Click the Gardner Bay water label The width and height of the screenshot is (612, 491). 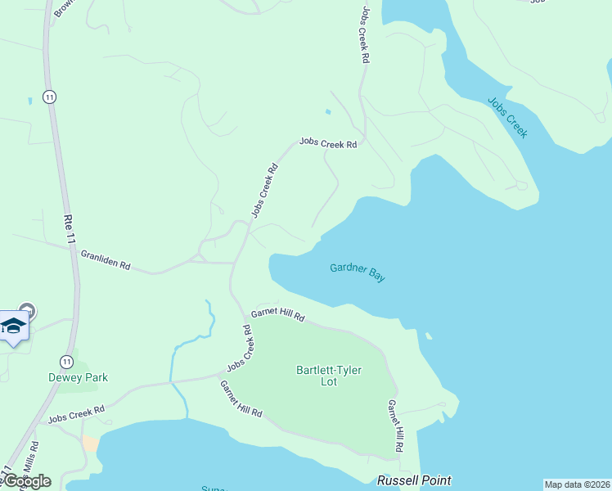pyautogui.click(x=358, y=272)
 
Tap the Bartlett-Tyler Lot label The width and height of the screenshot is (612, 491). pyautogui.click(x=328, y=376)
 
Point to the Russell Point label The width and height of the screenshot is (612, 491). pyautogui.click(x=414, y=480)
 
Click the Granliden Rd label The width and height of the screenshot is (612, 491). pyautogui.click(x=106, y=260)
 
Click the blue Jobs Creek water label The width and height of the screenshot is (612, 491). pyautogui.click(x=507, y=118)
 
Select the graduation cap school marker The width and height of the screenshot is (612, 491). pyautogui.click(x=14, y=327)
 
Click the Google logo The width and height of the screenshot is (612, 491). pyautogui.click(x=26, y=481)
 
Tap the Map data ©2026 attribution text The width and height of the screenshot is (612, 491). pyautogui.click(x=577, y=484)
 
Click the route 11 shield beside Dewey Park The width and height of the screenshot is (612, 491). pyautogui.click(x=65, y=361)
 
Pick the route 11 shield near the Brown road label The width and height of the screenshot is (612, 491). pyautogui.click(x=50, y=97)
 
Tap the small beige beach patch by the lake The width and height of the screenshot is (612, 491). pyautogui.click(x=90, y=444)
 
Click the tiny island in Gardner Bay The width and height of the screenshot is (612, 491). pyautogui.click(x=428, y=335)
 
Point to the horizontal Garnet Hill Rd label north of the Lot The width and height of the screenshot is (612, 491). pyautogui.click(x=277, y=314)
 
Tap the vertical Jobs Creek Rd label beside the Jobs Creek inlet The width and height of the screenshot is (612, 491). pyautogui.click(x=364, y=37)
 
